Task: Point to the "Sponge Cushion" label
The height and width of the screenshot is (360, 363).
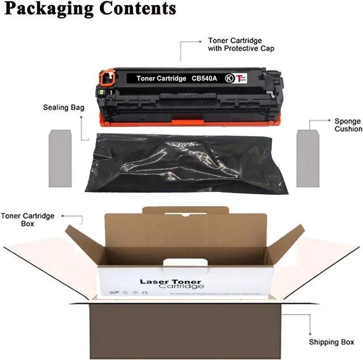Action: [348, 125]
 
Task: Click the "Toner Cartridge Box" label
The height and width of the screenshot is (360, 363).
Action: [28, 220]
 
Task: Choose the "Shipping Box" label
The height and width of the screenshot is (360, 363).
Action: [332, 342]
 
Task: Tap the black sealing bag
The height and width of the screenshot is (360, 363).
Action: [181, 161]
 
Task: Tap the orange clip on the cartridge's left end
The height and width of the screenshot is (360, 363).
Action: [105, 77]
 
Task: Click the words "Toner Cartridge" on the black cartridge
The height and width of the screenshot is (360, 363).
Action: [161, 78]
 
